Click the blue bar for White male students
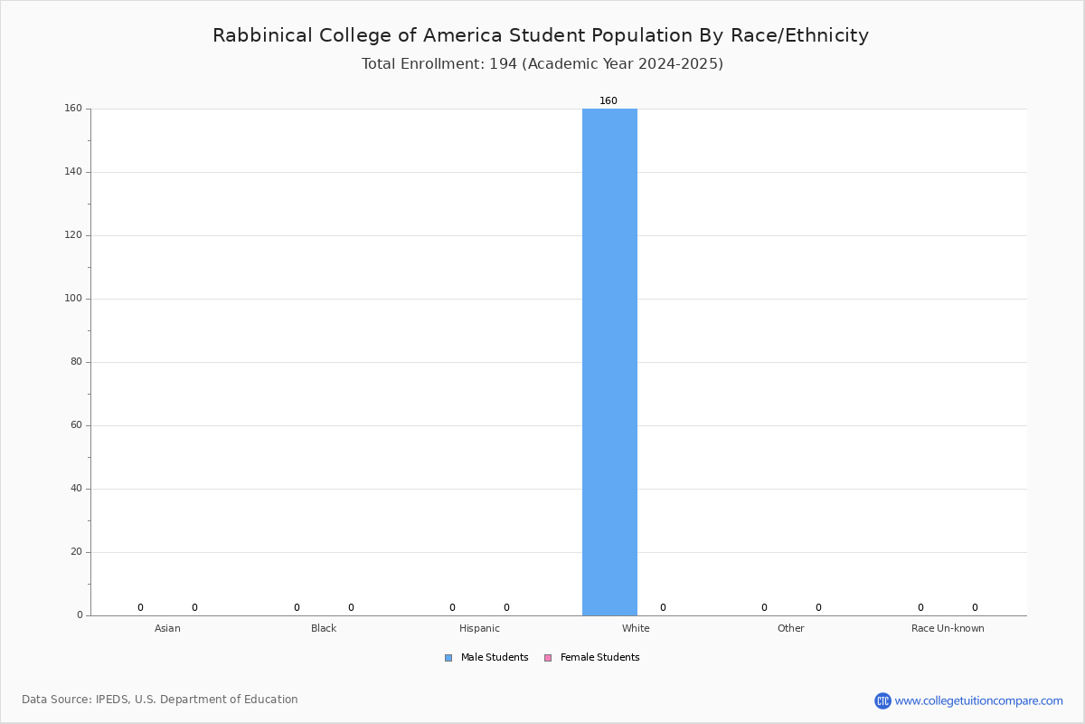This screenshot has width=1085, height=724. [609, 362]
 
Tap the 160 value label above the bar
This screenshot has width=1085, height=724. [609, 100]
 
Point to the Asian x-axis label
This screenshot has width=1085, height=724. [167, 628]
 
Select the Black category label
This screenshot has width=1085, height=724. [324, 628]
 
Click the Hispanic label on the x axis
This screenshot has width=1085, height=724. [479, 628]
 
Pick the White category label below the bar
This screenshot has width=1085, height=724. [636, 628]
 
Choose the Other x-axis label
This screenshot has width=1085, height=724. [791, 628]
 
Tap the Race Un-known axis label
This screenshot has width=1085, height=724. [948, 628]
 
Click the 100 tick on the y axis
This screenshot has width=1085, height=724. [73, 299]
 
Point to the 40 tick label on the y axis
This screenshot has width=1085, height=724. [77, 489]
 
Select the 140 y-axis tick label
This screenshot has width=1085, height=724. [73, 172]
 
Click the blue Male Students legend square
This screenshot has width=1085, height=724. [448, 658]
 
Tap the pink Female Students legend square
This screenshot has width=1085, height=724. [548, 658]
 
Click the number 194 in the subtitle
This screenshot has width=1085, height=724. [504, 64]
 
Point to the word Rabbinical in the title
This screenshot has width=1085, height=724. [262, 35]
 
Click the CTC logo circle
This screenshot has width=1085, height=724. [882, 700]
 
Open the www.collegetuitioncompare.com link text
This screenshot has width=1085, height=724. [978, 700]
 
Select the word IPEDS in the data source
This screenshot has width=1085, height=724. [112, 700]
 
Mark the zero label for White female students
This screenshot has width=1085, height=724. [663, 607]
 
